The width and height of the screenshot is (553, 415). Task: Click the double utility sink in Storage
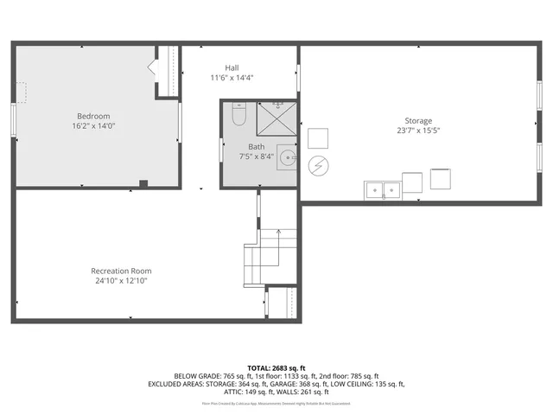382,188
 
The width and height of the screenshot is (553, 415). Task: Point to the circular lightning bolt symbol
318,163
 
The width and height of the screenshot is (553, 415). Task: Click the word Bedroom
93,116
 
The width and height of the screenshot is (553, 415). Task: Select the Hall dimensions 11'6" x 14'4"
232,78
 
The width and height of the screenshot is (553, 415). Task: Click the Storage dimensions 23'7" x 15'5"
418,131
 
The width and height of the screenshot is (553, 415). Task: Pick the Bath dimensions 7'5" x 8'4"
257,156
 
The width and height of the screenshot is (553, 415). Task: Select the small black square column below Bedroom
143,182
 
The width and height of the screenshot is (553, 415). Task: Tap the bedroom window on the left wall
12,119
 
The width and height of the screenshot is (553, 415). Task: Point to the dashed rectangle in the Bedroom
21,92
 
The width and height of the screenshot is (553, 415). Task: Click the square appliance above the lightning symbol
318,137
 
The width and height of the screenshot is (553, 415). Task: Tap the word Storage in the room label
418,121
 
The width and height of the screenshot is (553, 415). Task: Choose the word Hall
232,67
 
